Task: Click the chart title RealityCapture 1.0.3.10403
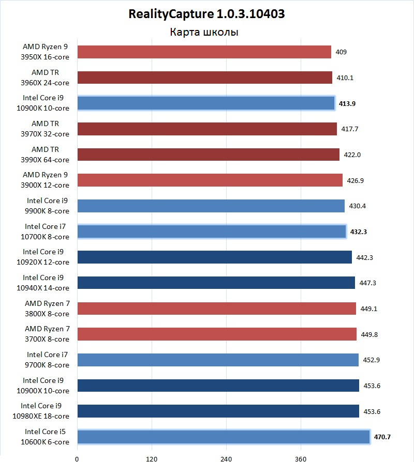(206, 14)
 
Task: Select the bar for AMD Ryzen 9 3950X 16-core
(204, 52)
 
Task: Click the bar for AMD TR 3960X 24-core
(204, 78)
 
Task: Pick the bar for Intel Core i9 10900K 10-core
(205, 103)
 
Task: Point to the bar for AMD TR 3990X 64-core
(208, 155)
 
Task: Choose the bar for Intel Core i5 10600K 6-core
(223, 437)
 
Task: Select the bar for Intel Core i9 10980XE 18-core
(218, 411)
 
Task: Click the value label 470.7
(382, 437)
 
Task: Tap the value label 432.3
(359, 232)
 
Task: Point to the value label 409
(341, 52)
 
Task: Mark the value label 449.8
(369, 334)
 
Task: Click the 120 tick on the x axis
(152, 458)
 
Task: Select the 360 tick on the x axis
(301, 458)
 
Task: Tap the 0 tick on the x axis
(77, 458)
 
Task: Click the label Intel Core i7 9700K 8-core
(48, 360)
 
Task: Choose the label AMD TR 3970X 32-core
(50, 129)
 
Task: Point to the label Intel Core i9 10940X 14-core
(46, 283)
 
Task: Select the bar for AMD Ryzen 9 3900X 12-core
(210, 180)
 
